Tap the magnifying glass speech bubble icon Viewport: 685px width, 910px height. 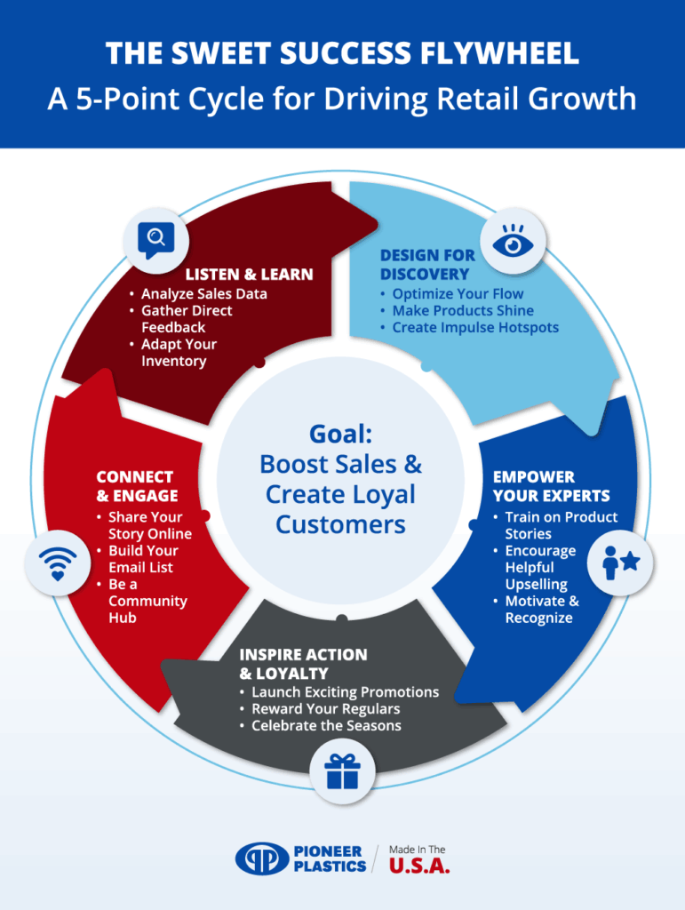155,238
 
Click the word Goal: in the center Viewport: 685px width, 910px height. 340,434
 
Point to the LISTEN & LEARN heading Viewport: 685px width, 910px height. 249,275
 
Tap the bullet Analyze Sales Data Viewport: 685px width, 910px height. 203,293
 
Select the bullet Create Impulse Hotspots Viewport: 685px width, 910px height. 475,327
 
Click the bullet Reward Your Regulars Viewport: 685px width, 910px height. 325,708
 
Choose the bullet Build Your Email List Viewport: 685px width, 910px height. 141,558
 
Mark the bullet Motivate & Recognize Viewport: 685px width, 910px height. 541,609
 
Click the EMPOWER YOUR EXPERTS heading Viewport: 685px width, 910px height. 551,486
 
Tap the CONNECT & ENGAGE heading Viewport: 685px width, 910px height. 137,486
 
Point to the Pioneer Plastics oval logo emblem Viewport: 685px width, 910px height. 262,859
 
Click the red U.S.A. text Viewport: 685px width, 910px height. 419,866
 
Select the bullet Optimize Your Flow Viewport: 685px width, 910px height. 458,293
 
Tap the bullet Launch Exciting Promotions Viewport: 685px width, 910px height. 345,691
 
